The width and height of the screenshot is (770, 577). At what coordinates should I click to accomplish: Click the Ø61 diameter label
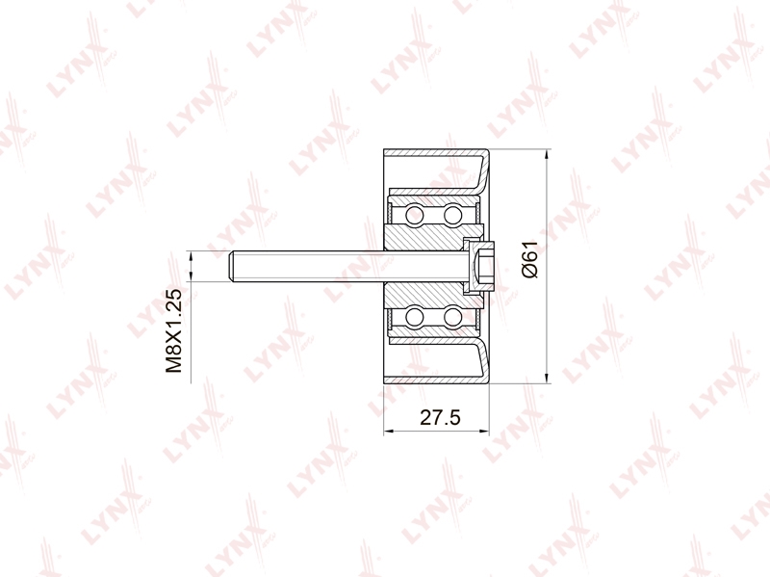(x=530, y=260)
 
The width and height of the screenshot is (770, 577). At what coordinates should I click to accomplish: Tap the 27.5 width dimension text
(x=441, y=417)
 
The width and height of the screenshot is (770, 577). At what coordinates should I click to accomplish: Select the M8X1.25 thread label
(x=173, y=330)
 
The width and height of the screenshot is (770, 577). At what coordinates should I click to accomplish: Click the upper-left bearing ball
(x=415, y=215)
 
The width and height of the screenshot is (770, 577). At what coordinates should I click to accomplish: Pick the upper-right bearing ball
(x=452, y=215)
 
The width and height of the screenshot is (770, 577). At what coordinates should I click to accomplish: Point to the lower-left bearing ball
(x=415, y=317)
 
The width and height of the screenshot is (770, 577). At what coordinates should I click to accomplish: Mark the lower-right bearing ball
(x=452, y=317)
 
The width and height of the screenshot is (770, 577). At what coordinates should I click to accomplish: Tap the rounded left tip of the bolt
(x=232, y=266)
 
